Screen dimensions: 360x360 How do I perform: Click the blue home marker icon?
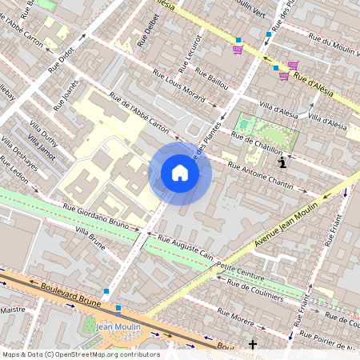pyautogui.click(x=180, y=173)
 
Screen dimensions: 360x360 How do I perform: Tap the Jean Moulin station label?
pyautogui.click(x=118, y=326)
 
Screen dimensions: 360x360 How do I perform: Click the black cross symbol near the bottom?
pyautogui.click(x=253, y=344)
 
